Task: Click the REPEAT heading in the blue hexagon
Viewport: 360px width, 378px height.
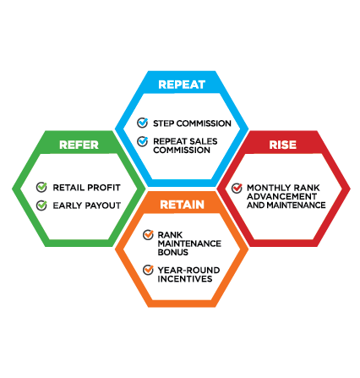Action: (x=182, y=85)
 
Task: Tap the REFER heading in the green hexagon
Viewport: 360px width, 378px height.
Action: (x=79, y=145)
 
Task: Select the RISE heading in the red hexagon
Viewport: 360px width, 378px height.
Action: (x=283, y=145)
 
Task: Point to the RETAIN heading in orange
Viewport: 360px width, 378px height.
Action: (x=182, y=205)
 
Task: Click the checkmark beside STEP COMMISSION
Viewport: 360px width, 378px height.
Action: (x=143, y=123)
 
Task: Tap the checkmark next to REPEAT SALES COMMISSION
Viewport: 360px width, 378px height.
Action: (x=143, y=141)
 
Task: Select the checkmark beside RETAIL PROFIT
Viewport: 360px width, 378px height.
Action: (x=41, y=187)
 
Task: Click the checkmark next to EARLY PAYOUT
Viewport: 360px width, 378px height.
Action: (x=41, y=205)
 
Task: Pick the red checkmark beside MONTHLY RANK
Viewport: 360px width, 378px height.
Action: (x=237, y=188)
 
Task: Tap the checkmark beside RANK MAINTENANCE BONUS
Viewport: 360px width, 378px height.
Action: (x=148, y=234)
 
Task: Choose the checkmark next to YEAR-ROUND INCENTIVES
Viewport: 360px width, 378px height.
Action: (x=148, y=270)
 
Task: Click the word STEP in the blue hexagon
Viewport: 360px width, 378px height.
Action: (x=163, y=123)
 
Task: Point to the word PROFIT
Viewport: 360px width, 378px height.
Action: (x=104, y=188)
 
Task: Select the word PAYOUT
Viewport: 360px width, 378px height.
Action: (x=103, y=205)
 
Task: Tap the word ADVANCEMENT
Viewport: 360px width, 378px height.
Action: (x=281, y=196)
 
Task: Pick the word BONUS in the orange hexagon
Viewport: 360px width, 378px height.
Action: (x=173, y=252)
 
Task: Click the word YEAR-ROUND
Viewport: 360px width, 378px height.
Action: (x=188, y=271)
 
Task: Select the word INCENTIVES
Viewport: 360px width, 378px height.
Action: (x=185, y=279)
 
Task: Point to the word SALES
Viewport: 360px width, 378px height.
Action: (x=203, y=141)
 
